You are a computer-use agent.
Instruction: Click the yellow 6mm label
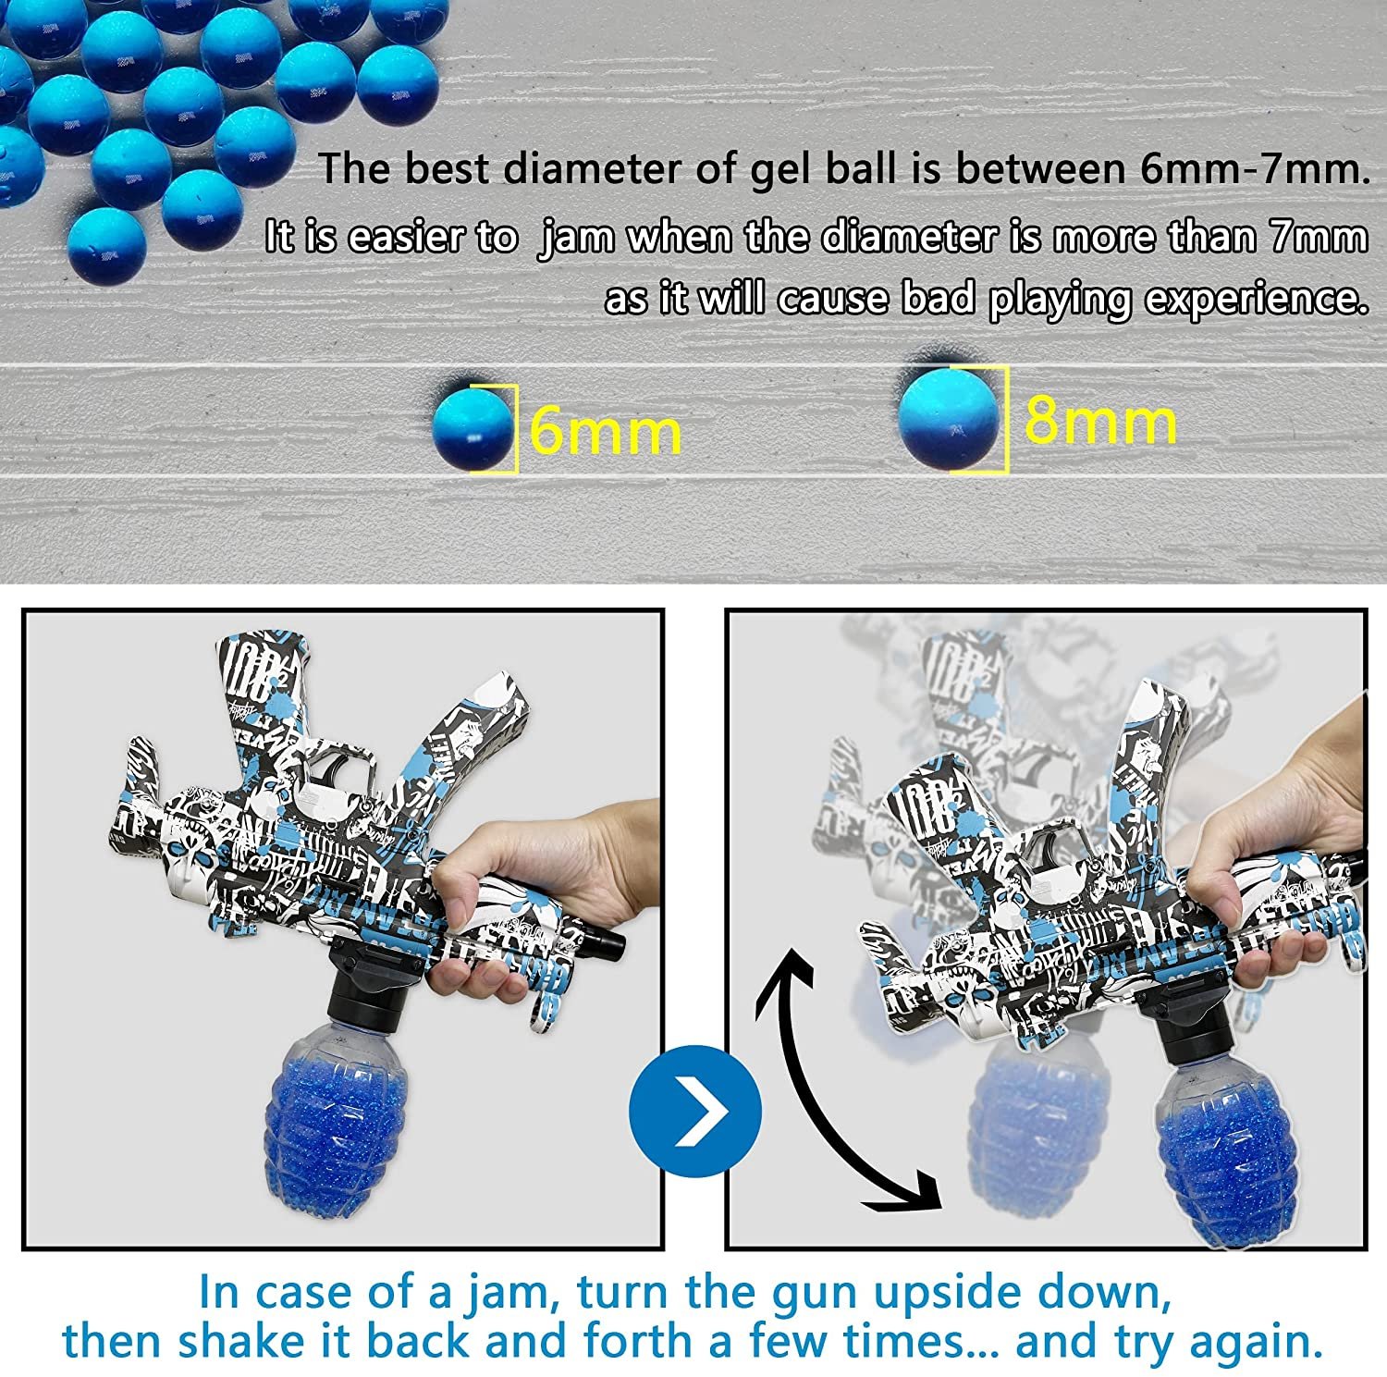point(606,431)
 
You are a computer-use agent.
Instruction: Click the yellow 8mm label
point(1100,422)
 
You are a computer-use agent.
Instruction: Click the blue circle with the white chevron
point(694,1111)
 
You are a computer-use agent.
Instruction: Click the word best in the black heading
point(448,170)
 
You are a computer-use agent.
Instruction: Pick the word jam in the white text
point(577,239)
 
